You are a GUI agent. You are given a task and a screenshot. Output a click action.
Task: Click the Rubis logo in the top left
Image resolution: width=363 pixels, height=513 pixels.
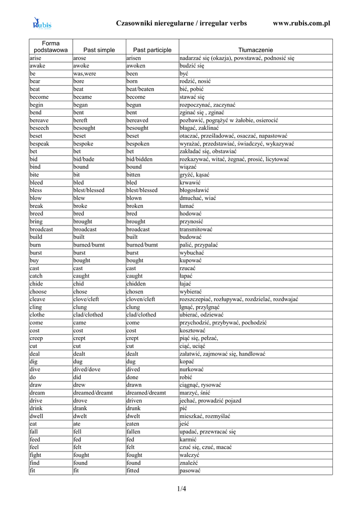42,24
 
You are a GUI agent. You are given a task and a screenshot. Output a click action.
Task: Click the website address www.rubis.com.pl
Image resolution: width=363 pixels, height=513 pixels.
301,24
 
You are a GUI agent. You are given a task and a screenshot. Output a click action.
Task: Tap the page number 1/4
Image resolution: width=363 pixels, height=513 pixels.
181,489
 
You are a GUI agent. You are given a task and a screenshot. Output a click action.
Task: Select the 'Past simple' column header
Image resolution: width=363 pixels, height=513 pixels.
99,50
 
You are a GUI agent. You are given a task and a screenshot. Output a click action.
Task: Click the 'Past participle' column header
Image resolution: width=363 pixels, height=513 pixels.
152,50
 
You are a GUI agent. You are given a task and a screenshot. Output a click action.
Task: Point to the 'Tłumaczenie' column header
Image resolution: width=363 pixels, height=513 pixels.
255,50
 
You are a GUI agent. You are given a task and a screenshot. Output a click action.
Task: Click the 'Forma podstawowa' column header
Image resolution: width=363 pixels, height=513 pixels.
51,47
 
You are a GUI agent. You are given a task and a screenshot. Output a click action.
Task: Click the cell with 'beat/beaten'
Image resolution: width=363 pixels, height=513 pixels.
140,89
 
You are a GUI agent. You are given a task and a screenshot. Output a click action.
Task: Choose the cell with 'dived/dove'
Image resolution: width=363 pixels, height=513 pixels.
87,369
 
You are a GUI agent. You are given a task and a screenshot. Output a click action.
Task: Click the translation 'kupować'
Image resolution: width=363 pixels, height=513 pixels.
191,261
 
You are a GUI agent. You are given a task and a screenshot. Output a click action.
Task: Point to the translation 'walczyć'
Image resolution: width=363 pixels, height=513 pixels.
190,455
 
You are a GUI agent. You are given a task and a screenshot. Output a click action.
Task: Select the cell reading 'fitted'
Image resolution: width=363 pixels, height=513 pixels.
133,470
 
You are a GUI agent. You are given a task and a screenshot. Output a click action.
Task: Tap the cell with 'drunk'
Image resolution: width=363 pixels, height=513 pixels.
133,408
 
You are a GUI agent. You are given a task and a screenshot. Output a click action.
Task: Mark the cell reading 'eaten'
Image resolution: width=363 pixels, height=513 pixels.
133,424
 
